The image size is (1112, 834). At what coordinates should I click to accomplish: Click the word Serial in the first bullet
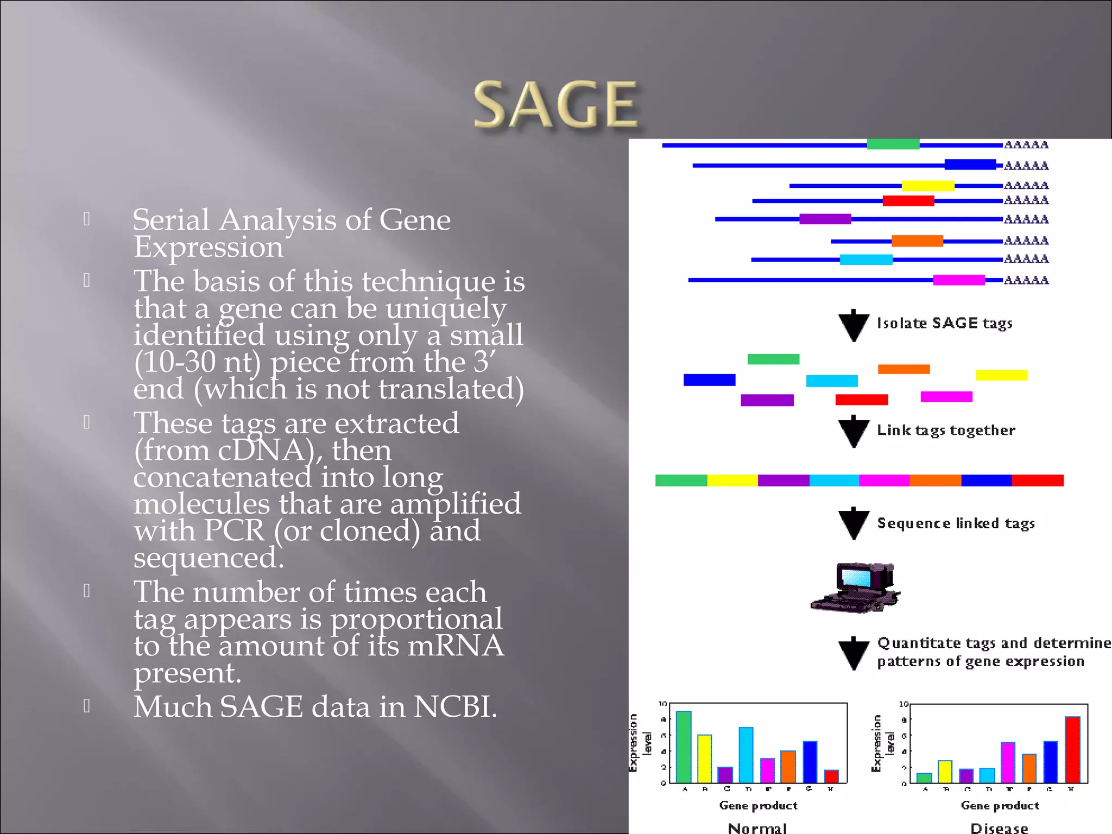(x=170, y=220)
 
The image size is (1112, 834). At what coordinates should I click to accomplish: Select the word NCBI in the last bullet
(x=454, y=707)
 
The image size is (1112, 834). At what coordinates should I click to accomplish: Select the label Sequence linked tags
(x=956, y=523)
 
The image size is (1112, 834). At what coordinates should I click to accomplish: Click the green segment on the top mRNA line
(x=893, y=144)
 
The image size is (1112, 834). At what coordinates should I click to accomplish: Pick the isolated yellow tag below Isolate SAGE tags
(x=1001, y=375)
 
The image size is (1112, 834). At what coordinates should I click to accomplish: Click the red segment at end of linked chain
(x=1037, y=481)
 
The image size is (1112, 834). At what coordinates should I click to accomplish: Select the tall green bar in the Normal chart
(x=684, y=747)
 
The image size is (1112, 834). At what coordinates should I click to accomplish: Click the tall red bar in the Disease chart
(x=1072, y=749)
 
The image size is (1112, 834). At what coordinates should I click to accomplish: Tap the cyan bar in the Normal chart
(x=746, y=755)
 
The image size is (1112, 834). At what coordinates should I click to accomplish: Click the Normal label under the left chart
(x=757, y=828)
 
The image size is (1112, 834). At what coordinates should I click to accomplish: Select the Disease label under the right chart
(x=999, y=828)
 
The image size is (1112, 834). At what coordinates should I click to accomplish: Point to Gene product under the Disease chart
(x=1000, y=806)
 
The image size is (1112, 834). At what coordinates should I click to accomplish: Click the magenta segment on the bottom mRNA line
(x=958, y=280)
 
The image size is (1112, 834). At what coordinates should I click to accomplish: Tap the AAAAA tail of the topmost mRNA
(x=1026, y=145)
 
